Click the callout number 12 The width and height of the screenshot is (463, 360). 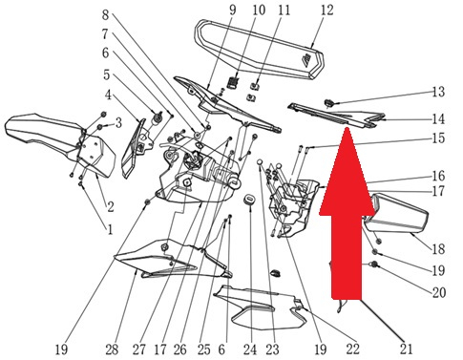tap(326, 11)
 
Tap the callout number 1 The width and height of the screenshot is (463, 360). tap(110, 229)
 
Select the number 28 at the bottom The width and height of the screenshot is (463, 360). tap(112, 349)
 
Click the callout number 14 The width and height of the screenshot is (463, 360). tap(438, 119)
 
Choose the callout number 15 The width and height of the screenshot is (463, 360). tap(438, 138)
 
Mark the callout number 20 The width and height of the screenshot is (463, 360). tap(438, 292)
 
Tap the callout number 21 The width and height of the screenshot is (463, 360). tap(406, 349)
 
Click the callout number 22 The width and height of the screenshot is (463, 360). tap(352, 349)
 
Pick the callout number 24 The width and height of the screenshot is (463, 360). tap(250, 349)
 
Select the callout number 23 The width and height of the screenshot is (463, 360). tap(272, 349)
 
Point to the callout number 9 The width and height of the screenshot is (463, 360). tap(233, 11)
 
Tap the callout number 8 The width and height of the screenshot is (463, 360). tap(105, 14)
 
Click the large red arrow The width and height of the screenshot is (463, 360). tap(347, 213)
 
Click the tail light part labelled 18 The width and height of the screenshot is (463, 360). tap(396, 213)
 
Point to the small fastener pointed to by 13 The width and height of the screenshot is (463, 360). tap(328, 103)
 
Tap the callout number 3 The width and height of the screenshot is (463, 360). tap(118, 122)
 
